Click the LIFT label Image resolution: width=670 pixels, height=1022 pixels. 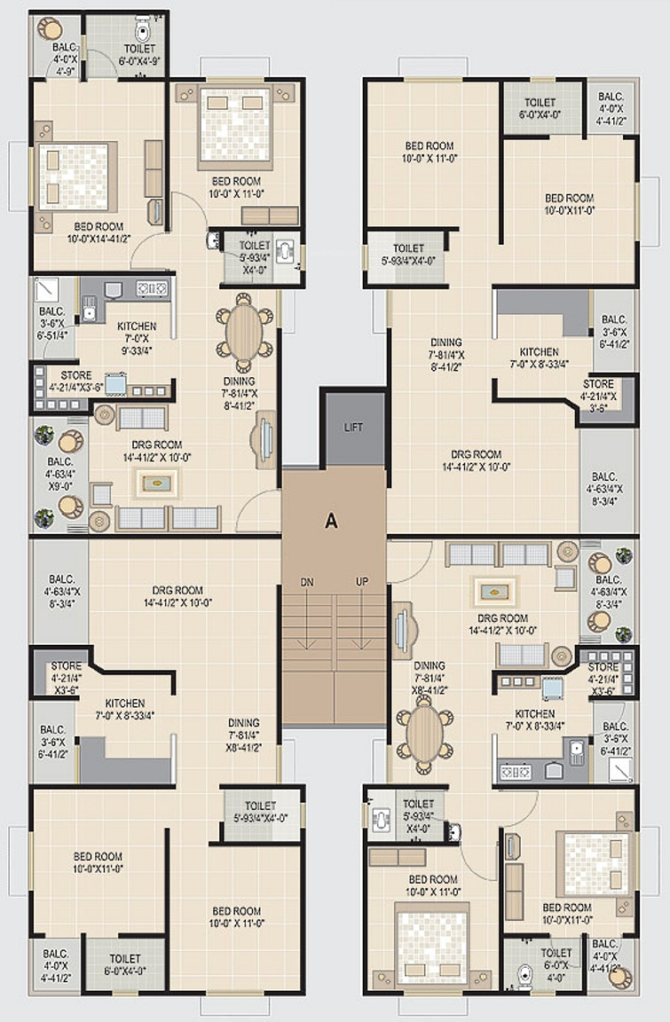353,427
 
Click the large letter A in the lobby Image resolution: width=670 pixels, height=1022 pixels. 332,521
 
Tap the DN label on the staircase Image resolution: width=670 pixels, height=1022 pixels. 307,582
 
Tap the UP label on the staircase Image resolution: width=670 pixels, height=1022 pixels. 362,581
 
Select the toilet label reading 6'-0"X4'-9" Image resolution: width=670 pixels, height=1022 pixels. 140,55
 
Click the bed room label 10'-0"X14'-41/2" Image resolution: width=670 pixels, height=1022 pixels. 99,232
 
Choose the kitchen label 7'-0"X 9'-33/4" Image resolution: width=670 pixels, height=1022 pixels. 136,338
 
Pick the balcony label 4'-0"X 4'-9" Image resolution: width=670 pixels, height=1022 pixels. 65,59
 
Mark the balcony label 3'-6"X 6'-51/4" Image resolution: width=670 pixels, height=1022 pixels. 52,323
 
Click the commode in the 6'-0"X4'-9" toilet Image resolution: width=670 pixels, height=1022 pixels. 143,29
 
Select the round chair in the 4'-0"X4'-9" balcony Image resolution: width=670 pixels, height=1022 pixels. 50,28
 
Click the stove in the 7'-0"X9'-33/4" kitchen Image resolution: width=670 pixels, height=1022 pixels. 152,287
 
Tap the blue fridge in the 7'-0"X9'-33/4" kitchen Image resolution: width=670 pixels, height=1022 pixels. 116,384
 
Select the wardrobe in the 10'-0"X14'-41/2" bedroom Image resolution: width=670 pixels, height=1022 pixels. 154,169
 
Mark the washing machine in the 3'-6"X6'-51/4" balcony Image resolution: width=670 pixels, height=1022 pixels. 46,289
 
